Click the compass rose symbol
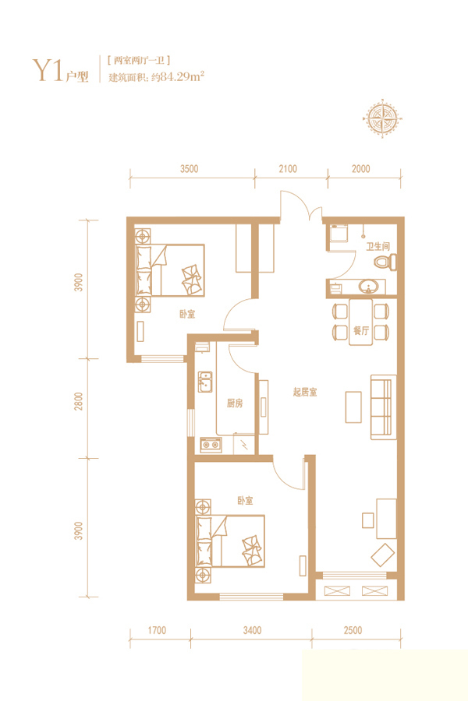click(x=382, y=118)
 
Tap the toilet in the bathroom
click(x=385, y=262)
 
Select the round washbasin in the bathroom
click(x=369, y=286)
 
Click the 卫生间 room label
click(x=378, y=246)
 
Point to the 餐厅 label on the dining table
click(x=361, y=330)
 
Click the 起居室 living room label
click(x=304, y=393)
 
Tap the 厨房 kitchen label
click(x=235, y=403)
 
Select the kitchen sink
click(x=205, y=382)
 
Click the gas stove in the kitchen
click(x=211, y=445)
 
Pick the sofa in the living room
click(x=383, y=407)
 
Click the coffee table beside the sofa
click(x=353, y=407)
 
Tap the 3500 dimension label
click(x=189, y=169)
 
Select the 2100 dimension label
click(x=288, y=169)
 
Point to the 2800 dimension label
click(x=79, y=401)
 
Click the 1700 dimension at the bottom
click(x=157, y=630)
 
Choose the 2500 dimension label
click(x=353, y=630)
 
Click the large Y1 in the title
click(x=47, y=70)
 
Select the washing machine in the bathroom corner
click(x=339, y=233)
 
